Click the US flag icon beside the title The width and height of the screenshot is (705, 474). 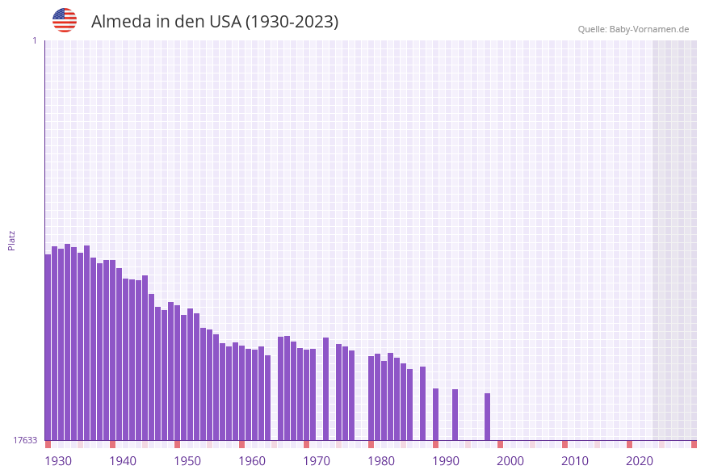click(x=65, y=20)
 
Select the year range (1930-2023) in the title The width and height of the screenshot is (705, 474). click(x=292, y=22)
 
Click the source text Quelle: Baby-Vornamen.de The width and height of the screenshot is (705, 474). click(x=633, y=29)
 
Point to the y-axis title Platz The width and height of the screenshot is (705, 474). click(x=12, y=240)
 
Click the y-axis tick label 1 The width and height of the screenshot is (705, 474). click(x=34, y=40)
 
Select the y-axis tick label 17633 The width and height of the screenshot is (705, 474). click(x=25, y=440)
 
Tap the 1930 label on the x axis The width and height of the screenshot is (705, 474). click(x=58, y=461)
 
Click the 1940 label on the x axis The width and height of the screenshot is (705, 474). click(x=123, y=461)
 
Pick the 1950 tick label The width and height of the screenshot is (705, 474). click(x=187, y=461)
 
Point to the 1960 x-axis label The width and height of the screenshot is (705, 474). click(x=252, y=461)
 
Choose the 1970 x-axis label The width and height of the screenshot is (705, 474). click(x=317, y=461)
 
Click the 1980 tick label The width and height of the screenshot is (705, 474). click(x=381, y=461)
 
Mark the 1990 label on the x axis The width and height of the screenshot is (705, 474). click(x=446, y=461)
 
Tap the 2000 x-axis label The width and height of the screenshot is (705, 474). click(x=510, y=461)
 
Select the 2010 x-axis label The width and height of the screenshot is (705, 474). click(x=575, y=461)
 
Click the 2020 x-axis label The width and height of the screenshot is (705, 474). click(x=640, y=461)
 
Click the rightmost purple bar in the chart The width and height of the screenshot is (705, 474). click(x=488, y=417)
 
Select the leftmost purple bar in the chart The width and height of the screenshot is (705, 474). click(x=48, y=347)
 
